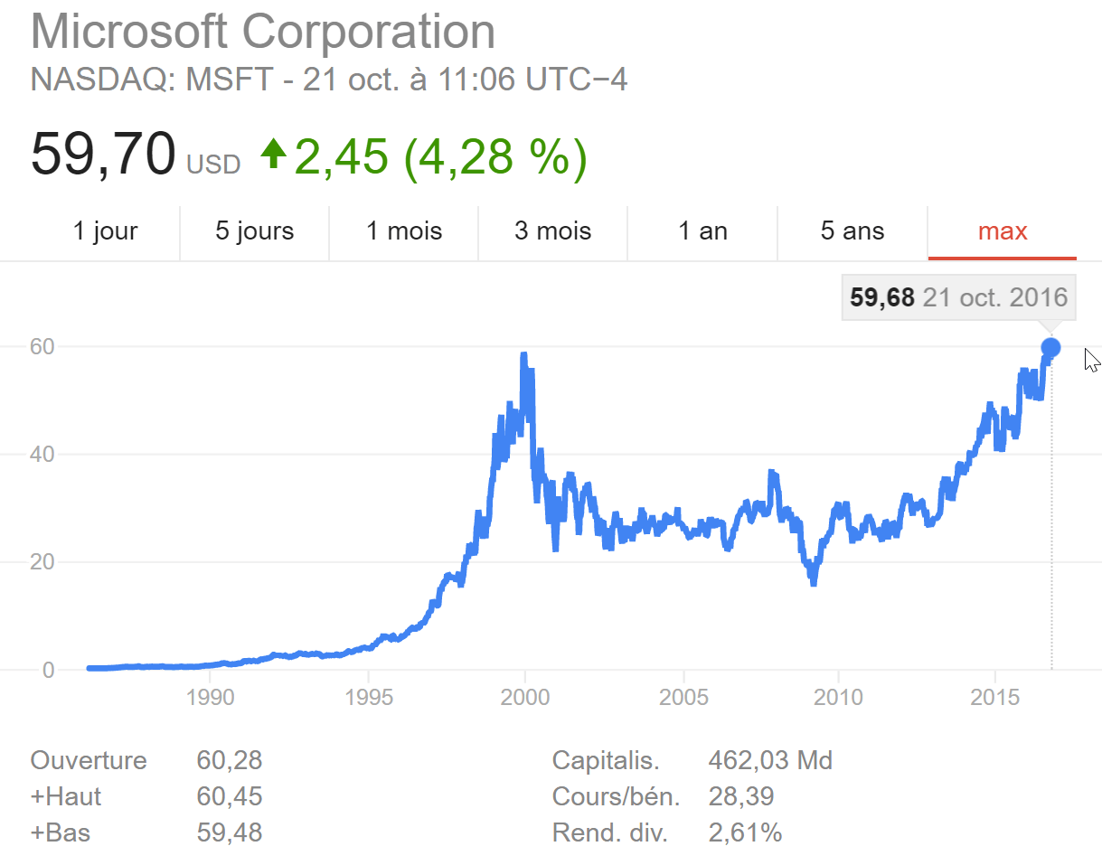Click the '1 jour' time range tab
tap(105, 231)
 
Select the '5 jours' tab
tap(254, 231)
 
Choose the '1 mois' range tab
tap(404, 231)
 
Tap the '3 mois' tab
tap(552, 231)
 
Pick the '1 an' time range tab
tap(702, 231)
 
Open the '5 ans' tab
tap(852, 231)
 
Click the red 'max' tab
tap(1003, 231)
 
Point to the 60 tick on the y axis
tap(42, 346)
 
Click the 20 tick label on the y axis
tap(42, 561)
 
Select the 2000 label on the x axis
tap(525, 697)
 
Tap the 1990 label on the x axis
tap(210, 697)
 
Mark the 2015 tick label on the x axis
tap(995, 697)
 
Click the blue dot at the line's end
tap(1050, 347)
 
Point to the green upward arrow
tap(273, 154)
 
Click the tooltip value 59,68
tap(882, 297)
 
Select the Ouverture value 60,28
tap(229, 760)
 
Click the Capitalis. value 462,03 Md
tap(770, 760)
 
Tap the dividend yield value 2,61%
tap(745, 832)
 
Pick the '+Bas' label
tap(61, 832)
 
